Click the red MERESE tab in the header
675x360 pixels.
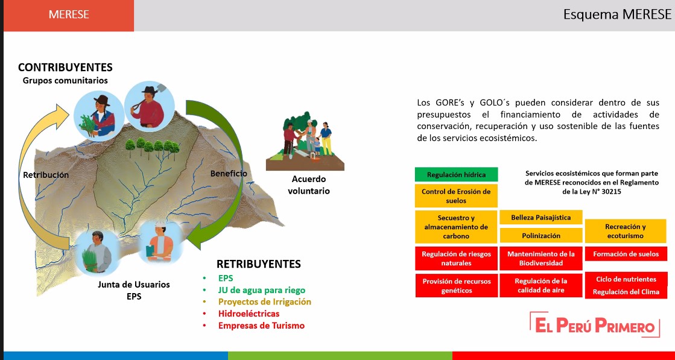69,16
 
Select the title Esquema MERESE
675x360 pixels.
617,14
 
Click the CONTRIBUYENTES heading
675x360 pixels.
65,68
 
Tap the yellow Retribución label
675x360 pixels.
46,175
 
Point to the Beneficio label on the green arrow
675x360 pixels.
229,174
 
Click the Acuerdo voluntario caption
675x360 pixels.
309,185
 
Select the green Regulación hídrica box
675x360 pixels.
456,175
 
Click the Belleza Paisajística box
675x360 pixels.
540,217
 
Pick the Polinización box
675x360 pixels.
540,235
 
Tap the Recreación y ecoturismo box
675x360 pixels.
625,232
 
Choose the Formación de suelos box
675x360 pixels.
626,254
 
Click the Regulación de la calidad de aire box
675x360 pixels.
540,286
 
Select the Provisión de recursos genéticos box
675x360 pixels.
456,286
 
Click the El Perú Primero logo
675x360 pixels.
595,325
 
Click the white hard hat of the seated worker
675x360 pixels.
160,224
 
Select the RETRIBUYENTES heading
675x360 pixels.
259,264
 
